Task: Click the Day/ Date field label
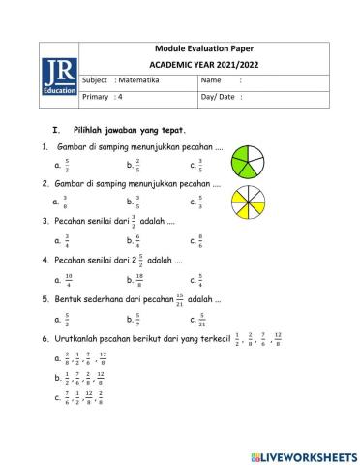coord(218,97)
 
